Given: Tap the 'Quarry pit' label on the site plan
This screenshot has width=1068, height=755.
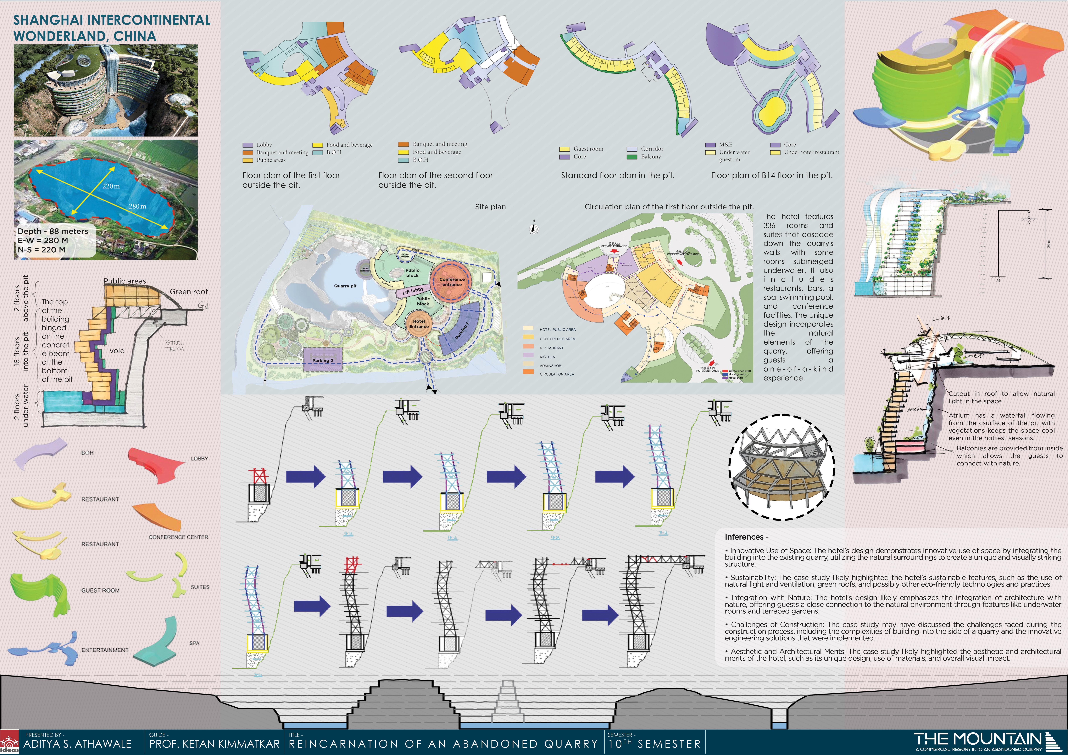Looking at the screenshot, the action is [345, 286].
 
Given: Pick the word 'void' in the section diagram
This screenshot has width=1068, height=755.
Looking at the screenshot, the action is [117, 351].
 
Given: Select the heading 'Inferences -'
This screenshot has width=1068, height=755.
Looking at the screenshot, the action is [746, 537].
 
